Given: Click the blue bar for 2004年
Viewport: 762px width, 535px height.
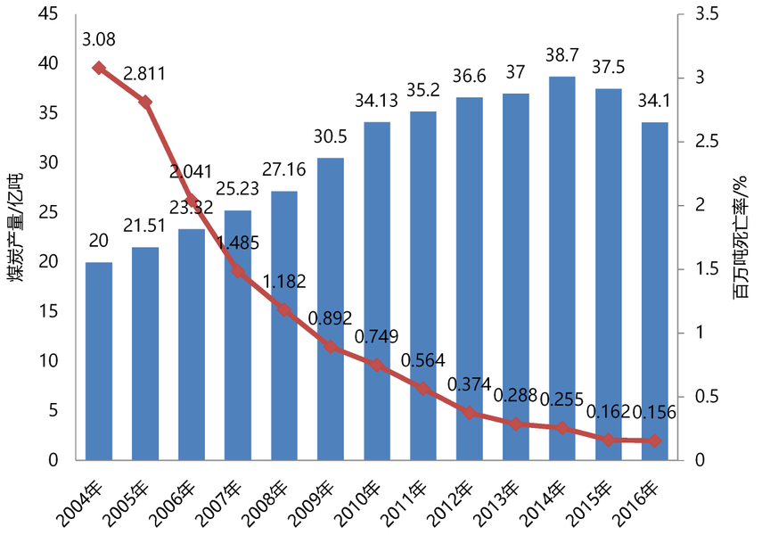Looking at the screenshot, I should [98, 361].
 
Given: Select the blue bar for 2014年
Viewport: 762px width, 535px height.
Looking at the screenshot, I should [561, 268].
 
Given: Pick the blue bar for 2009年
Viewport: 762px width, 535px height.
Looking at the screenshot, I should [330, 309].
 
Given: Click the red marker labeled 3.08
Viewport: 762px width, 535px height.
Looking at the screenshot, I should [98, 68].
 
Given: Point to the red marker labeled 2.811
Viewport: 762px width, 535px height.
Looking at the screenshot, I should [145, 102].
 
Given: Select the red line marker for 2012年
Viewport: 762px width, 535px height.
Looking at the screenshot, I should [469, 413].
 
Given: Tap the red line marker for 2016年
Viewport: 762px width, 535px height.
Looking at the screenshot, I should [654, 440].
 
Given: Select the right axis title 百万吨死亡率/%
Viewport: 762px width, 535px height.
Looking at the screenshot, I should [741, 236].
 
